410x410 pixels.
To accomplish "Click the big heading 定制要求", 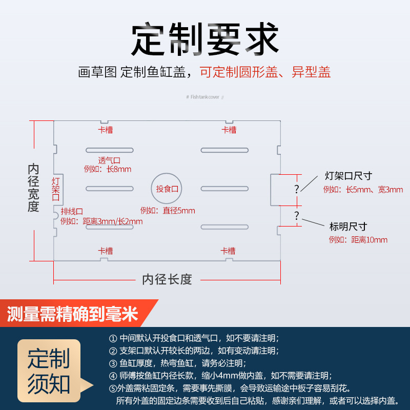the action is [205, 40].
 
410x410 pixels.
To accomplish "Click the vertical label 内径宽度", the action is [33, 188].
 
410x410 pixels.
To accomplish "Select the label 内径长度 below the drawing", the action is [167, 279].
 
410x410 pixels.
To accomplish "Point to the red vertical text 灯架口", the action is [56, 189].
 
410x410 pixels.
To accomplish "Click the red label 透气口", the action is [109, 160].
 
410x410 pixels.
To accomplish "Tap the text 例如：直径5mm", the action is [168, 211].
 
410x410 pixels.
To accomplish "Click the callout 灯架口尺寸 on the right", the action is [348, 176].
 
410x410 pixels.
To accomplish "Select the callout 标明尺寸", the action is [348, 227].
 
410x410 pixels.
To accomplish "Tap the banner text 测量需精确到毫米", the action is [73, 314].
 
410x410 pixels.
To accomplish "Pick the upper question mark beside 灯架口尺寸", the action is [296, 189].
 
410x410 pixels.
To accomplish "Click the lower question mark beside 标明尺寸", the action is [296, 215].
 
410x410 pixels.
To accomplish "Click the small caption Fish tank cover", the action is [205, 96].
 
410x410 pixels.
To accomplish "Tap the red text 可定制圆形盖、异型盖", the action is [265, 72].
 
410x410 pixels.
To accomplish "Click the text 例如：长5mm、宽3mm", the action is [363, 190].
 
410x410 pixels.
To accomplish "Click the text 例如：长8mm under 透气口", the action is [108, 169].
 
